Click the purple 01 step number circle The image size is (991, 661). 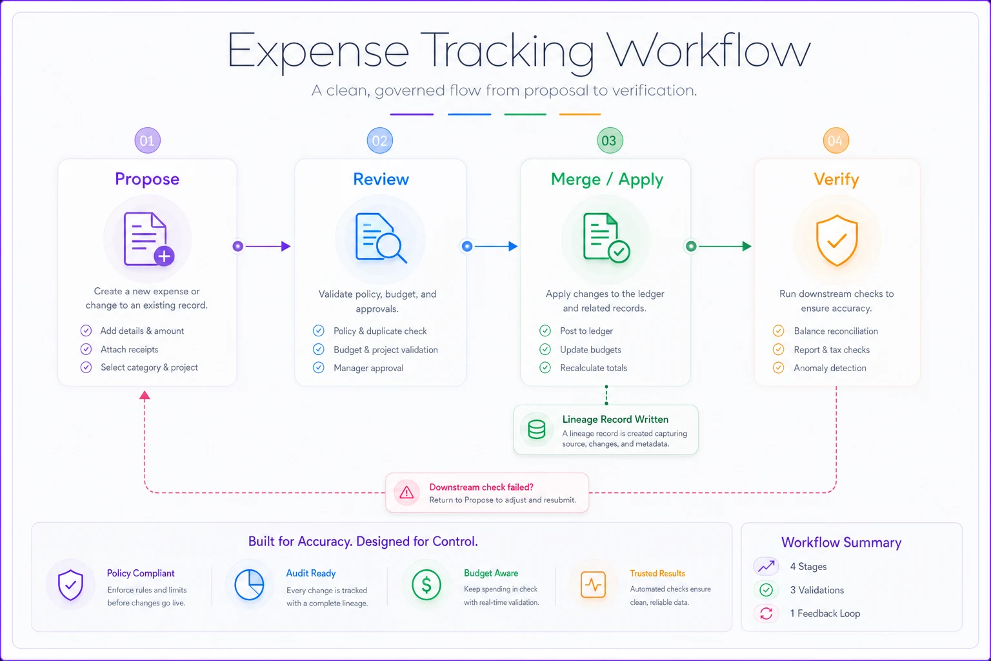[147, 140]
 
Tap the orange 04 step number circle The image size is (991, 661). [836, 140]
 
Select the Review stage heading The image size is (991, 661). [381, 179]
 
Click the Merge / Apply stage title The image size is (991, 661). [607, 179]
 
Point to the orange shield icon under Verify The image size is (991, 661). [837, 240]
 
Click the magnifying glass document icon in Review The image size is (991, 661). [381, 238]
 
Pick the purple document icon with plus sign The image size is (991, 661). [148, 239]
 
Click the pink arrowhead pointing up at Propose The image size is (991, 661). [145, 395]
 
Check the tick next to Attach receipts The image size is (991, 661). [86, 349]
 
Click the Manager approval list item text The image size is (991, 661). [368, 368]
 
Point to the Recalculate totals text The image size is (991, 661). [594, 368]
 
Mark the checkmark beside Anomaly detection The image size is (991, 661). [778, 368]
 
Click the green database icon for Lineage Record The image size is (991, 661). [536, 429]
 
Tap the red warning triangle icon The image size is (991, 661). [406, 493]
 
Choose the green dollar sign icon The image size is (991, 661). [426, 585]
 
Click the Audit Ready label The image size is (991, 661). [310, 573]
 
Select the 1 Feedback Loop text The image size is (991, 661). [825, 614]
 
